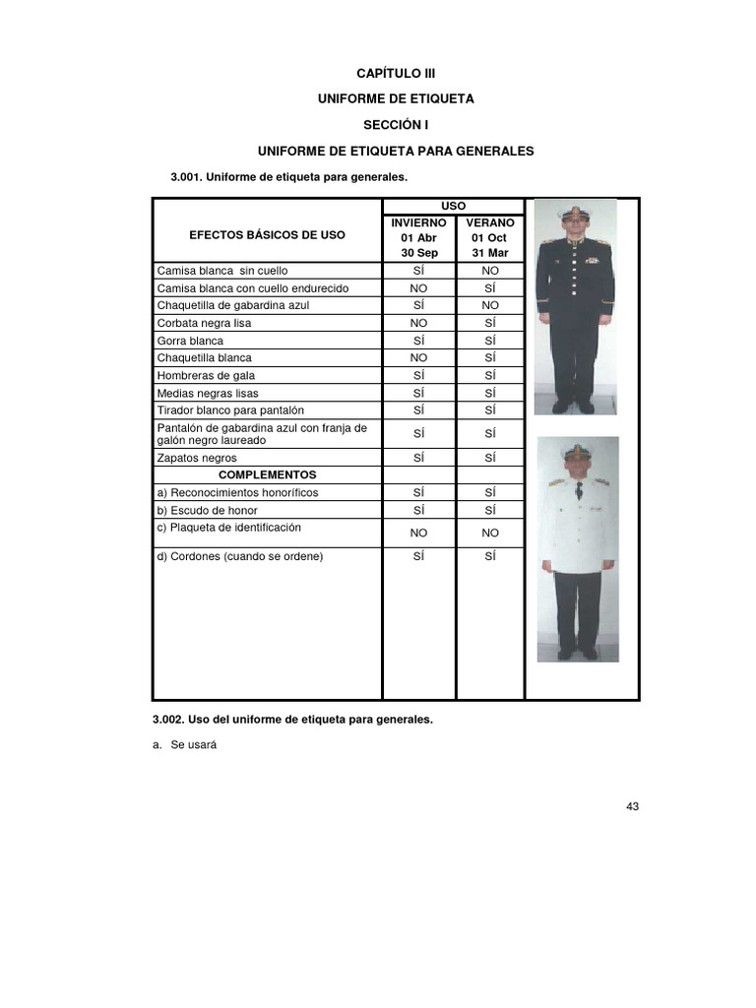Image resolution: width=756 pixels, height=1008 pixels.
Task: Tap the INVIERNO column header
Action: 418,222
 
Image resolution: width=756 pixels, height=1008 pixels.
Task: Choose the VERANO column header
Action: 490,222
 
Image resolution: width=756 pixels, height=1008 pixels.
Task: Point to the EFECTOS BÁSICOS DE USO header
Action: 267,235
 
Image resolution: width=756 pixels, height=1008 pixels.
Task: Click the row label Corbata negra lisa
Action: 204,323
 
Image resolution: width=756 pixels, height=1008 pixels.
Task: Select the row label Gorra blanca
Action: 190,341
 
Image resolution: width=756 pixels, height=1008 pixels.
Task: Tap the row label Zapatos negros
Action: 197,458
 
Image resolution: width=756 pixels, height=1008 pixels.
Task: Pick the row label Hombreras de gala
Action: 199,375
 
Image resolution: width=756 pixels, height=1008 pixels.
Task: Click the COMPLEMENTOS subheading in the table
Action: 267,474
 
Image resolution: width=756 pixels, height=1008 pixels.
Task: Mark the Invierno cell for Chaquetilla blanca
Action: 418,358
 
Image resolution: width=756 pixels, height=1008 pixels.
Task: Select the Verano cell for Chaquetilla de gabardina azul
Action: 490,305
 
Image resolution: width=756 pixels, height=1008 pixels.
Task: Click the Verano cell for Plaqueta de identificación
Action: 490,532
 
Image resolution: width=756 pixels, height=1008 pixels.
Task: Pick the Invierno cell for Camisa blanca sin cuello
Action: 418,270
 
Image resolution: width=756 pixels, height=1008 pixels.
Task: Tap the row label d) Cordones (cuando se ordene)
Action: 240,556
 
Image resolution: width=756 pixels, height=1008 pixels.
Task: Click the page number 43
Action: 632,807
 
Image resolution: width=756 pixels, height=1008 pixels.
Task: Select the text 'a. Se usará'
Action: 184,745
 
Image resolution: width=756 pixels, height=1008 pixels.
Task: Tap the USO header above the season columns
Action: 454,205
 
